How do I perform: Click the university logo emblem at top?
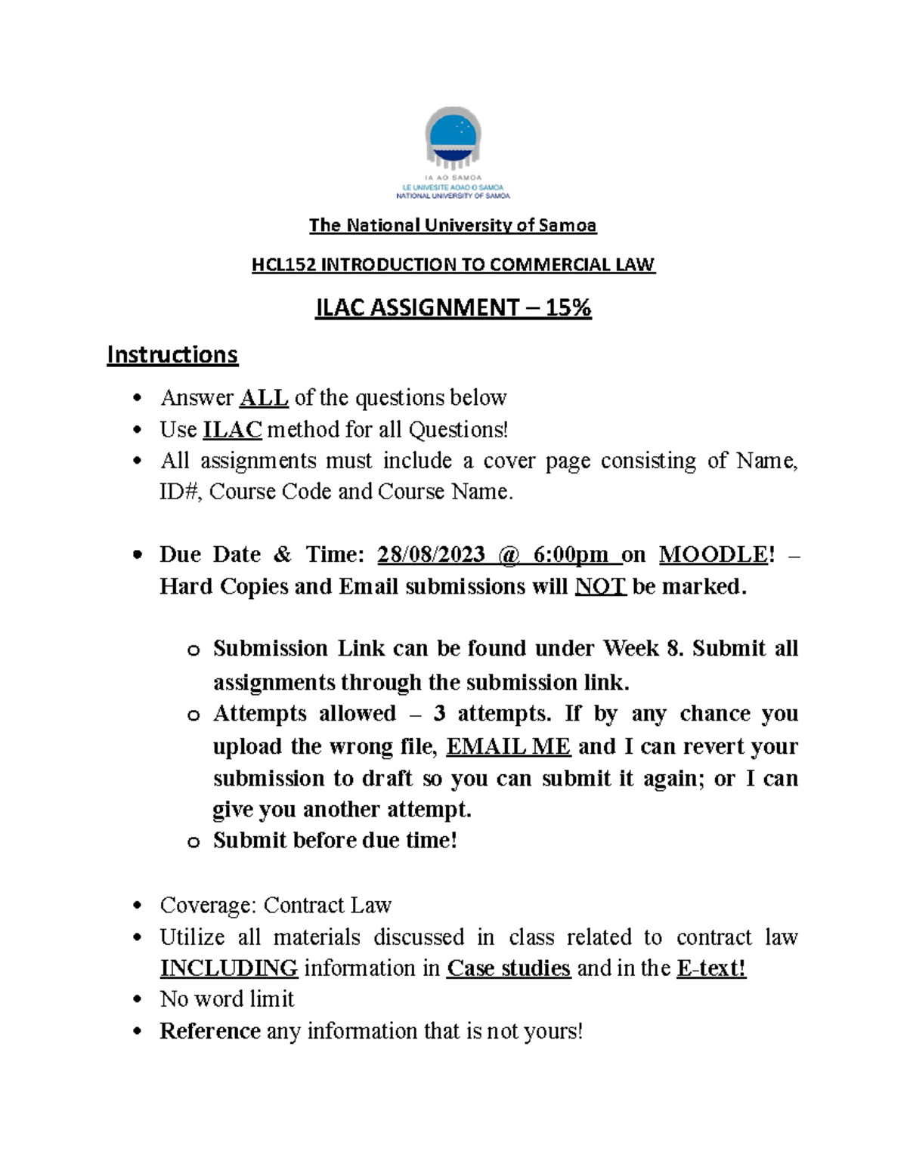click(453, 137)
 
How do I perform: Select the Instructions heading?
click(172, 355)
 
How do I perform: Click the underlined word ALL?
click(264, 398)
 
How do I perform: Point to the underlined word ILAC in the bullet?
click(232, 430)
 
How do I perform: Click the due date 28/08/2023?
click(431, 555)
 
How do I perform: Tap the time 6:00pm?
click(570, 555)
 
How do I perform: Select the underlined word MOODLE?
click(713, 555)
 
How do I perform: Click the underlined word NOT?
click(600, 587)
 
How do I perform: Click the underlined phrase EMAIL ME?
click(508, 747)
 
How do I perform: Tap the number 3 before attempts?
click(439, 714)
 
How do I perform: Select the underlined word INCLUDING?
click(228, 968)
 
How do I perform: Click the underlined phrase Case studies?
click(508, 968)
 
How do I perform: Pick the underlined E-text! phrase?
click(711, 968)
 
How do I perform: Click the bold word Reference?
click(209, 1032)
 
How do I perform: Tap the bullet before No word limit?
click(137, 1000)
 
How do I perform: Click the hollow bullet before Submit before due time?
click(193, 842)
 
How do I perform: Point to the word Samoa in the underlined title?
click(571, 226)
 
